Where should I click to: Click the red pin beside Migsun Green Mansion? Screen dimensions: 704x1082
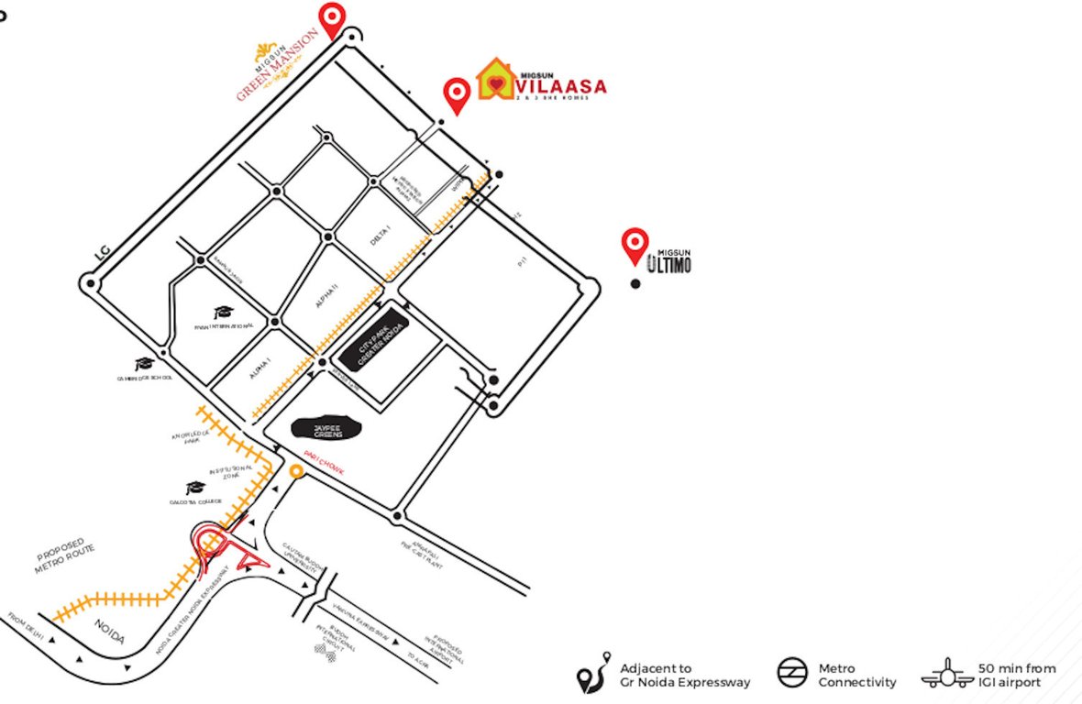click(x=331, y=17)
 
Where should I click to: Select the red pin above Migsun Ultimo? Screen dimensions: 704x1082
click(x=635, y=244)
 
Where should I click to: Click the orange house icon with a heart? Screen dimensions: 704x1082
click(x=495, y=81)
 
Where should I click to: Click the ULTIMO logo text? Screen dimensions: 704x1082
click(x=668, y=266)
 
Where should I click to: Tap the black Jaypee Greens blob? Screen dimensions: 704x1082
click(x=326, y=428)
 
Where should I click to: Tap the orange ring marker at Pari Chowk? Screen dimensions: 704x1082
click(x=296, y=471)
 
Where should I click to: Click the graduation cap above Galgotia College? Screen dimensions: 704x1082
click(x=195, y=489)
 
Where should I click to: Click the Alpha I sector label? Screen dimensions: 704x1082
click(x=259, y=368)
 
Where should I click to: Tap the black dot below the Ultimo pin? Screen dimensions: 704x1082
click(x=635, y=284)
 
